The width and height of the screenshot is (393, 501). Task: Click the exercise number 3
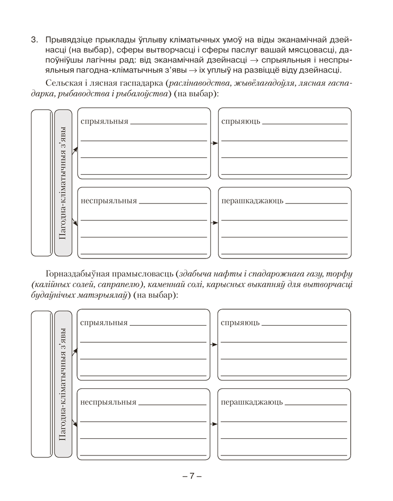pyautogui.click(x=33, y=40)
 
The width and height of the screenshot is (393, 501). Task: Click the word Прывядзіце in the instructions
pyautogui.click(x=68, y=40)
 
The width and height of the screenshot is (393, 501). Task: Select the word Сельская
pyautogui.click(x=63, y=82)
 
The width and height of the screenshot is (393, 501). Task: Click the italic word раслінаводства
pyautogui.click(x=199, y=82)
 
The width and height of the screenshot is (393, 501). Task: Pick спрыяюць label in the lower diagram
pyautogui.click(x=240, y=323)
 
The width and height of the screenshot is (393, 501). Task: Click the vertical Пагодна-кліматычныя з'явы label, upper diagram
pyautogui.click(x=63, y=183)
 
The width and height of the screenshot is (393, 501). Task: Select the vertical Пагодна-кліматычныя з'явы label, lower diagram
pyautogui.click(x=63, y=384)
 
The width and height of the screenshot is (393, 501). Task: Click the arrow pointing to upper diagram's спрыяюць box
pyautogui.click(x=214, y=143)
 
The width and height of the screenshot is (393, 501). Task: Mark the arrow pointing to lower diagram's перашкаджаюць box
pyautogui.click(x=213, y=424)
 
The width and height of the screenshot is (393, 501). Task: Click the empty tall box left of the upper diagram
pyautogui.click(x=41, y=183)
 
